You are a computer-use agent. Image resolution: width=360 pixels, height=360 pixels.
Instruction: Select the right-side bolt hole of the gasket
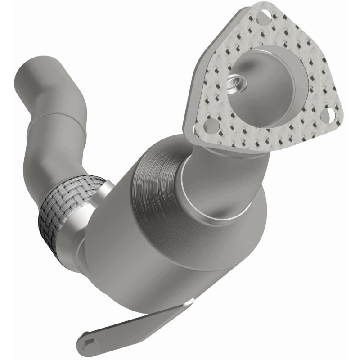(331, 117)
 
